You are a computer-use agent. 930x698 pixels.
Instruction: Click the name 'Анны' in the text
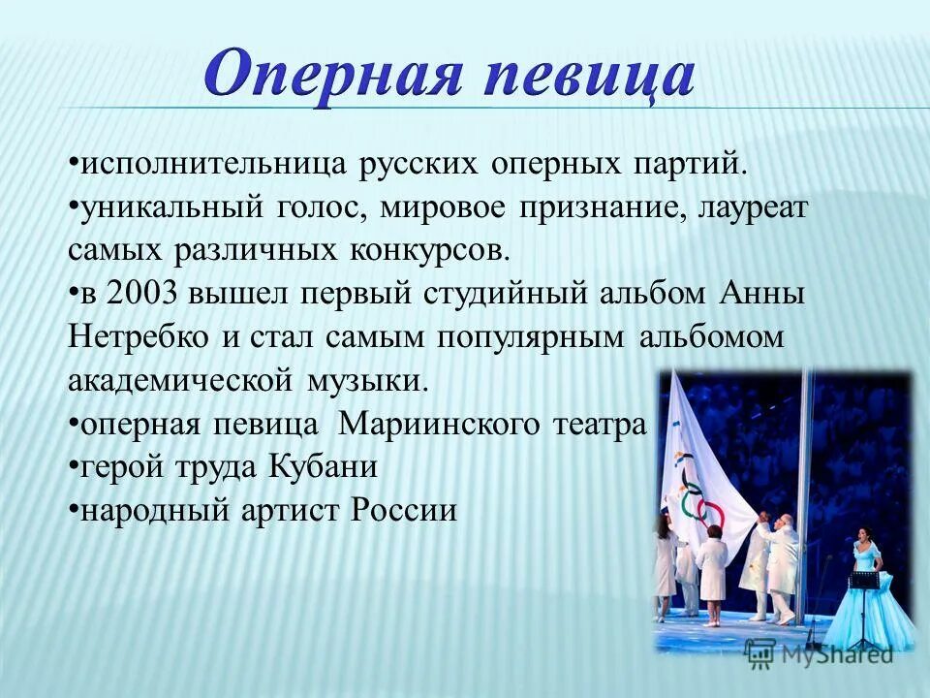point(763,294)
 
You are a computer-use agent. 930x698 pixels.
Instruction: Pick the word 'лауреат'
point(751,206)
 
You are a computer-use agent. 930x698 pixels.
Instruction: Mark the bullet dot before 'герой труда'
point(74,466)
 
